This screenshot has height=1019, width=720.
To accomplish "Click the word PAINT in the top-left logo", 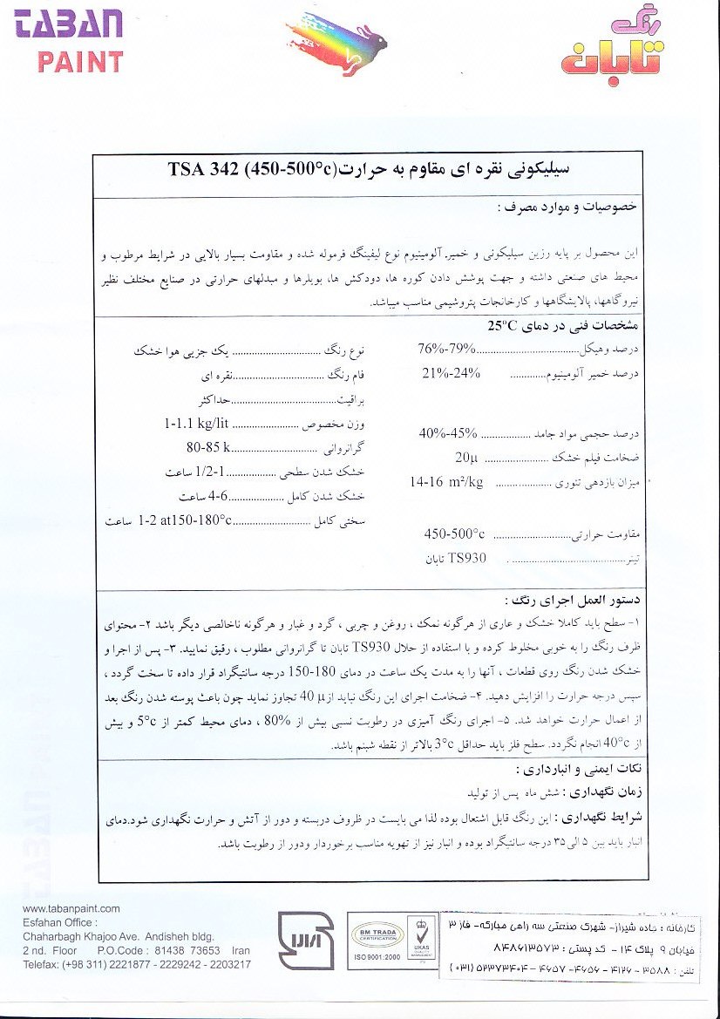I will [x=80, y=61].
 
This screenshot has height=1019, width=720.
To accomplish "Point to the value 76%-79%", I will [x=447, y=349].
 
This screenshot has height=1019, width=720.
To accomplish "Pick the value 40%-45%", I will [x=448, y=432].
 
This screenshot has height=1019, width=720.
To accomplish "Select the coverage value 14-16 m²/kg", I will [x=447, y=481].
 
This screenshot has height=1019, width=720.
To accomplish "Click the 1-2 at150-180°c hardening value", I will [x=185, y=520].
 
